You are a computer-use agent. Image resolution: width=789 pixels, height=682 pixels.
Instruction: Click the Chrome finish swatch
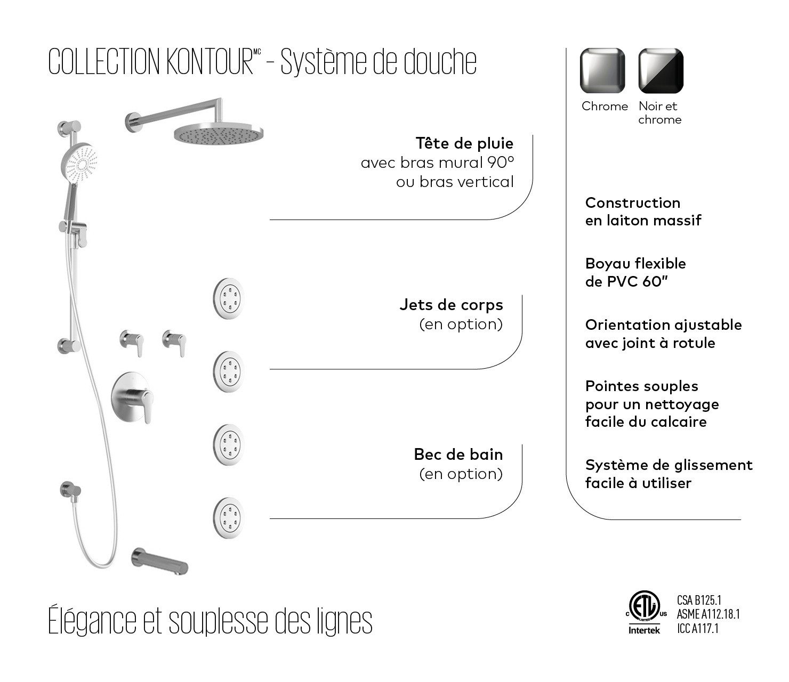602,70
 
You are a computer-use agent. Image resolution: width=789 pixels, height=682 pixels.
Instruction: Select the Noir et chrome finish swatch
661,70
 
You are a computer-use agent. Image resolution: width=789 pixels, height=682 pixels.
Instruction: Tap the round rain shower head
219,133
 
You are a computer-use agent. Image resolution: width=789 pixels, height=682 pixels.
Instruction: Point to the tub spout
159,562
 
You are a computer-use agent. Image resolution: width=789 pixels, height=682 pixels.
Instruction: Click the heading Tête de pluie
464,143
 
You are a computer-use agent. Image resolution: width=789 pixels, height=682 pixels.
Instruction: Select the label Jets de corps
451,305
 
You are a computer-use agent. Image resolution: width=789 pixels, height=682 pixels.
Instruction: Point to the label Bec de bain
458,454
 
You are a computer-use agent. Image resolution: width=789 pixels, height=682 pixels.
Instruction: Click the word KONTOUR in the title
209,62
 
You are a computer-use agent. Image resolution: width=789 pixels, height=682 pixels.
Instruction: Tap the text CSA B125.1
699,600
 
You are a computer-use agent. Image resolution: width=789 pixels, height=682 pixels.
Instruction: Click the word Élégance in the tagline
92,621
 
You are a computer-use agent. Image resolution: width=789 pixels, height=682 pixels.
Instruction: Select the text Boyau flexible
635,263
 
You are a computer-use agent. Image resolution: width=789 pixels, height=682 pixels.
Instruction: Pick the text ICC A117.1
698,629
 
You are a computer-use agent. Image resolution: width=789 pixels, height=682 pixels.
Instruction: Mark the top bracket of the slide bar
69,128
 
